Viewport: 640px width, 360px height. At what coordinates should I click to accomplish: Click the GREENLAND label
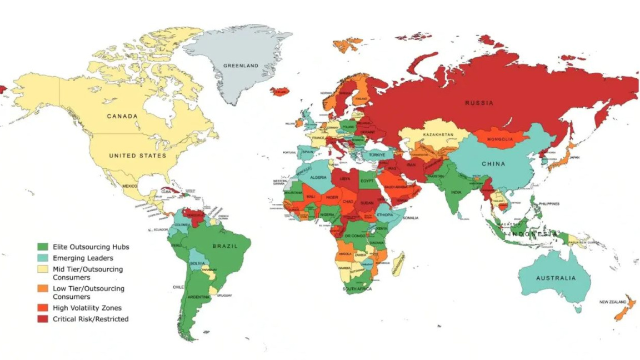241,66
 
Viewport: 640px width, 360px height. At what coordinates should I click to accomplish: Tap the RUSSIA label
478,103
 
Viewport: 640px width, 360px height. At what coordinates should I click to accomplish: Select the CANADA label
122,116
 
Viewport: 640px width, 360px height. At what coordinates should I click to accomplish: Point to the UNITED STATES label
137,156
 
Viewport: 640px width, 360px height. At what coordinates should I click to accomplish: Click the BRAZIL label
224,246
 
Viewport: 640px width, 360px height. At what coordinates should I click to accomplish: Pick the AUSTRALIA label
556,278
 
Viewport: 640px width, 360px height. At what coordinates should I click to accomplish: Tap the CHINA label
493,164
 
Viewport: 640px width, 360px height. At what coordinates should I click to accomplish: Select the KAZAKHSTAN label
438,135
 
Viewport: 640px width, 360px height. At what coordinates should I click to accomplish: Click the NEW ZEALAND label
613,302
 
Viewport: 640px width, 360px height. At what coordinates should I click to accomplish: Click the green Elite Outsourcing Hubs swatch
42,246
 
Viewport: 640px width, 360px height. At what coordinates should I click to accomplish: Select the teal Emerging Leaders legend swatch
42,258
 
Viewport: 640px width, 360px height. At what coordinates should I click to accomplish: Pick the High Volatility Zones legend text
87,308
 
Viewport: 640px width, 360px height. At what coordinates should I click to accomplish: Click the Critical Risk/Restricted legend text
91,319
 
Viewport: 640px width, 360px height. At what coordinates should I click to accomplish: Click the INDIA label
456,192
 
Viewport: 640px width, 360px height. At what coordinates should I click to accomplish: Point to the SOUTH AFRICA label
357,289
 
